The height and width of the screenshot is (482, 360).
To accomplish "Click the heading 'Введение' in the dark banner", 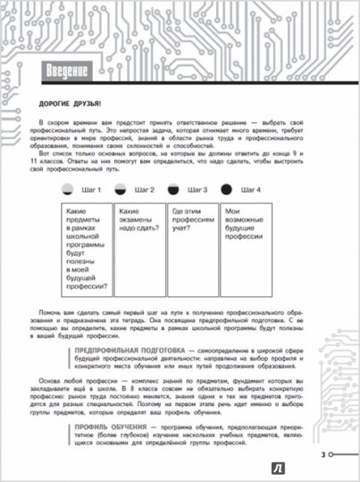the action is [x=63, y=71].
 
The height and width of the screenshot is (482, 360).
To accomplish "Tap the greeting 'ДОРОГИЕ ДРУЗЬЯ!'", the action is [x=59, y=102].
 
